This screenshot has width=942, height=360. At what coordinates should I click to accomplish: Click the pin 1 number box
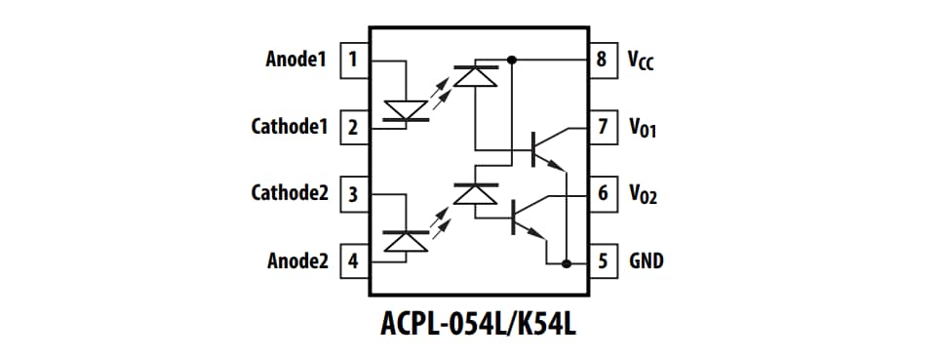point(352,60)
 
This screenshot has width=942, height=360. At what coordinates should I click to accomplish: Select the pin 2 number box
point(352,127)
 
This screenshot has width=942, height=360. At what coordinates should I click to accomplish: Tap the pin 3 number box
point(352,194)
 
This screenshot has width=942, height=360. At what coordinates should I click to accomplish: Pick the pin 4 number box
point(352,261)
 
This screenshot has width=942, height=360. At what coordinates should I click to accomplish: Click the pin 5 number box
point(603,261)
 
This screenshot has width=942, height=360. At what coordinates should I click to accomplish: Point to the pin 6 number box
point(603,194)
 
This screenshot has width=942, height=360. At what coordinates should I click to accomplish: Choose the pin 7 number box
point(603,127)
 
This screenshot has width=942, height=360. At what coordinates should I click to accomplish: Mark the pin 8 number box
point(603,60)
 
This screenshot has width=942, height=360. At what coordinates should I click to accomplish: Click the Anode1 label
point(294,60)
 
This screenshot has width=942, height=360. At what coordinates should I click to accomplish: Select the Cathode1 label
point(289,127)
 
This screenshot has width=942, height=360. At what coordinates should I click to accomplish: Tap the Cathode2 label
point(289,194)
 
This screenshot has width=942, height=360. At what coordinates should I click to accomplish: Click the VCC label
point(641,61)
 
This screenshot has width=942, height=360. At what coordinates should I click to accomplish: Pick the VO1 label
point(643,128)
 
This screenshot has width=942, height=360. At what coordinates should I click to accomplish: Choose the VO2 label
point(643,195)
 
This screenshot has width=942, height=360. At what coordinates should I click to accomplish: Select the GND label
point(647,261)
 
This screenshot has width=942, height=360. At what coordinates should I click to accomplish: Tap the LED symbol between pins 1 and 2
point(406,109)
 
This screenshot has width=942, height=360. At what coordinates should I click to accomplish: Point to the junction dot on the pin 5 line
point(566,262)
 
